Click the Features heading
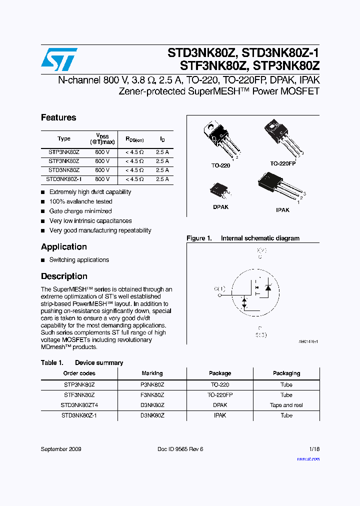pyautogui.click(x=58, y=118)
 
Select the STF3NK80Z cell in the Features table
pyautogui.click(x=63, y=161)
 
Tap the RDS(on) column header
pyautogui.click(x=134, y=140)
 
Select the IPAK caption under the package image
pyautogui.click(x=282, y=210)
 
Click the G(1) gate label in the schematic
pyautogui.click(x=219, y=288)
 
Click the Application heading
pyautogui.click(x=64, y=247)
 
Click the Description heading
pyautogui.click(x=64, y=276)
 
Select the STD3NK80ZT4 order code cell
pyautogui.click(x=79, y=405)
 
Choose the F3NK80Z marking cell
pyautogui.click(x=152, y=395)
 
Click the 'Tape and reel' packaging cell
pyautogui.click(x=286, y=405)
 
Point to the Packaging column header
pyautogui.click(x=286, y=373)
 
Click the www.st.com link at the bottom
pyautogui.click(x=308, y=458)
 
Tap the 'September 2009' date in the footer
pyautogui.click(x=61, y=449)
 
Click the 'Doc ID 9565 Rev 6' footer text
pyautogui.click(x=180, y=449)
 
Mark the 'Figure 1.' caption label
pyautogui.click(x=199, y=238)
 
